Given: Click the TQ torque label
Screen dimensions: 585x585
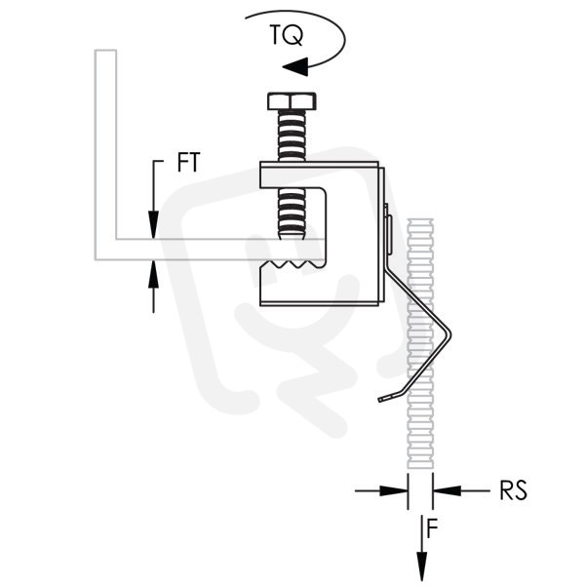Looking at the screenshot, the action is coord(286,35).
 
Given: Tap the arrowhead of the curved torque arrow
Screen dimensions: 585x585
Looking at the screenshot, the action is coord(295,66).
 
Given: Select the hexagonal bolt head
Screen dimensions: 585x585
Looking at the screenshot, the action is coord(292,101).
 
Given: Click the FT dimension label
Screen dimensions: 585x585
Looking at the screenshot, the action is coord(189,162).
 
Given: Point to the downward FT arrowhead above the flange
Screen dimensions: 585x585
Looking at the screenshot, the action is coord(153,224).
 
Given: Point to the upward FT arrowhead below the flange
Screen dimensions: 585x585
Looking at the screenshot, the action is coord(153,274).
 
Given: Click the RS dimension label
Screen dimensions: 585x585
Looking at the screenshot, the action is coord(514,490).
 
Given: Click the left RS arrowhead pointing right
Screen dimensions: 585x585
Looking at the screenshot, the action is coord(394,490).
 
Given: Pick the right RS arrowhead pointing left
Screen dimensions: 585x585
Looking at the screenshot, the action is coord(447,490).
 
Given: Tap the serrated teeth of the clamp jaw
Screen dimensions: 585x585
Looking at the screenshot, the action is coord(292,264).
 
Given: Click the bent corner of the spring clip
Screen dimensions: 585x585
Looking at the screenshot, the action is coord(448,332).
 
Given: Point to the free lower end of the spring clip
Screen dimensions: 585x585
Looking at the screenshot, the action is coord(380,400).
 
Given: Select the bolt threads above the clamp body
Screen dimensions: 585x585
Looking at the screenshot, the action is coord(292,136).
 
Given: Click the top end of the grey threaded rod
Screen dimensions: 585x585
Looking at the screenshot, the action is coord(420,221).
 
